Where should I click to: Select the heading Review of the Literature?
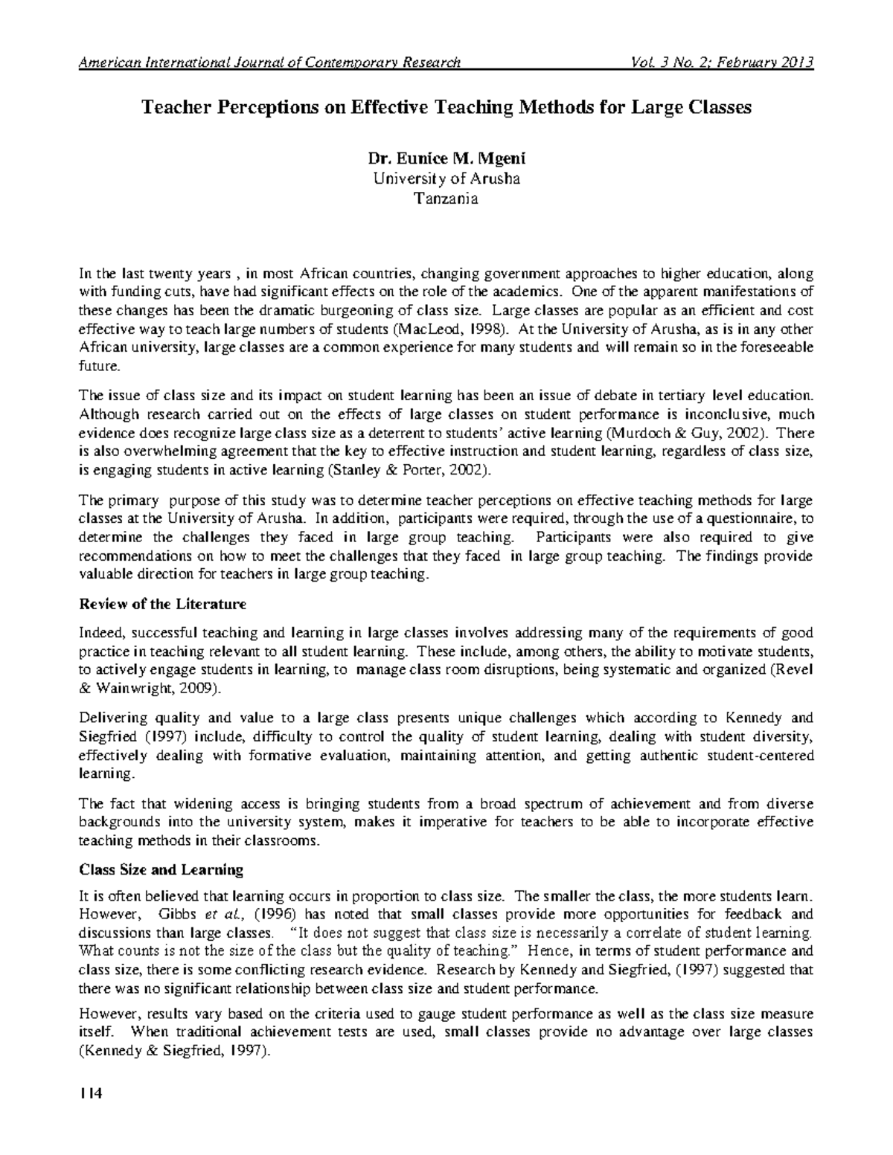162,604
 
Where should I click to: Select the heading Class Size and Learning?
161,869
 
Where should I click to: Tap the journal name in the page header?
270,62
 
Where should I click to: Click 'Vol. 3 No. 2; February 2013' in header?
721,62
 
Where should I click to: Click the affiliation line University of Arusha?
446,178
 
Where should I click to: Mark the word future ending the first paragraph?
97,366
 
